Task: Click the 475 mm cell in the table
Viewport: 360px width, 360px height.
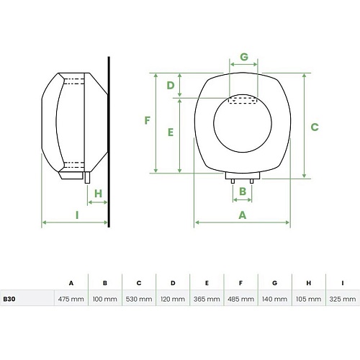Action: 71,299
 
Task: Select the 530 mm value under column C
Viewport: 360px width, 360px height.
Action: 139,299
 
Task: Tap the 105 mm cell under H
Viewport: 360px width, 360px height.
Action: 308,299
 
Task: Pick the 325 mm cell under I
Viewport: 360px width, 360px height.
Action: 343,299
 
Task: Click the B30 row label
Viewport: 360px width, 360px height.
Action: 9,299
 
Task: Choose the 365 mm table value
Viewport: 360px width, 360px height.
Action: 207,299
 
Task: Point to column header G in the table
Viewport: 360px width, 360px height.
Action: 274,283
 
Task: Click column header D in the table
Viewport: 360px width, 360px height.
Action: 173,283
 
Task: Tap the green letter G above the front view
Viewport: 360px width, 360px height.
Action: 244,57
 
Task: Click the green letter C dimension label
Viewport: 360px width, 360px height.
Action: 315,127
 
